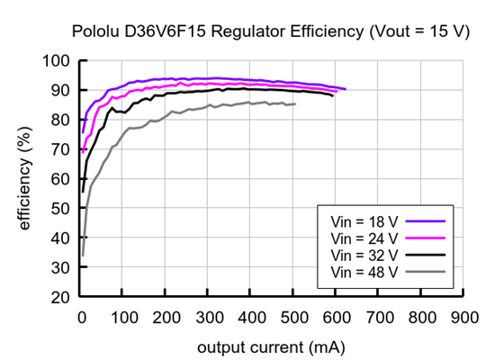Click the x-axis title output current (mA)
click(x=271, y=346)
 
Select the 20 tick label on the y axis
click(x=60, y=297)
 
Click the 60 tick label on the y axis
click(x=60, y=179)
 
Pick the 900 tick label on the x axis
click(x=463, y=317)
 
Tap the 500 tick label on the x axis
click(x=293, y=317)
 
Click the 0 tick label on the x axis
click(x=81, y=317)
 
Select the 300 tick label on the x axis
click(x=209, y=317)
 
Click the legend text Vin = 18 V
click(x=364, y=220)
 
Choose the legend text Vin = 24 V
click(x=364, y=237)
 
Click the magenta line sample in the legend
click(x=428, y=237)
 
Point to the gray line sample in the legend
click(x=428, y=271)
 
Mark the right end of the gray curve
click(x=295, y=103)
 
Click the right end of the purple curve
click(x=346, y=89)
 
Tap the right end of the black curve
click(x=333, y=94)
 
